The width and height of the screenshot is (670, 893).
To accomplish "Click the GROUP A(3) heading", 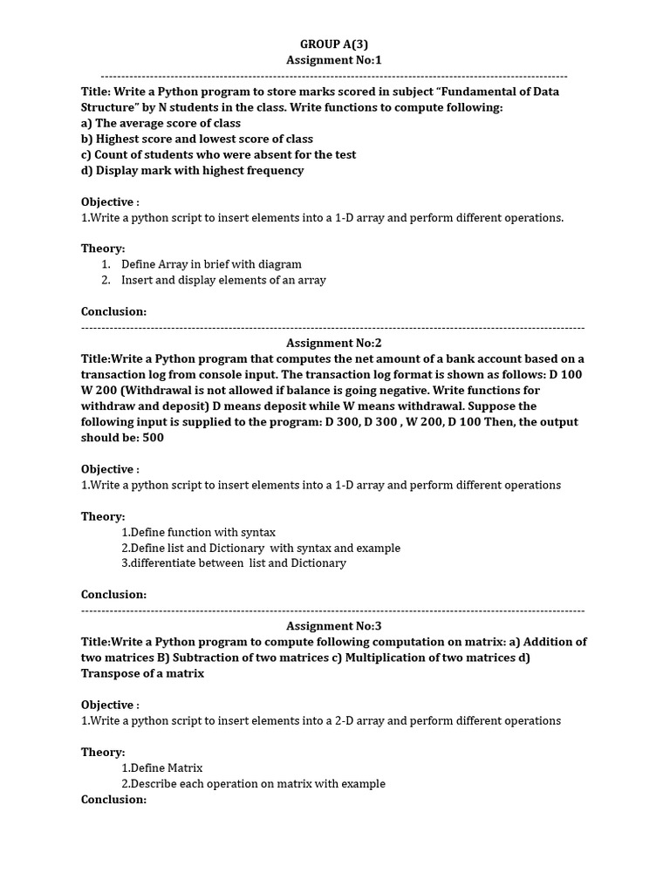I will [334, 44].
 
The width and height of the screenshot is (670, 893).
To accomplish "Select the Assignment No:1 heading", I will [334, 60].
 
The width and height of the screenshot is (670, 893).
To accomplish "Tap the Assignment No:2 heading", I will [334, 344].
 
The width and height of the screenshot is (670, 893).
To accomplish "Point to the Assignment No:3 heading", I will [334, 626].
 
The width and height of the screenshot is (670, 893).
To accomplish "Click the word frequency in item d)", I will [275, 170].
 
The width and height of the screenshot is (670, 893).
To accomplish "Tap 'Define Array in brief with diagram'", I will [211, 264].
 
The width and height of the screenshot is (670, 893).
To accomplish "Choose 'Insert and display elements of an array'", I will [223, 280].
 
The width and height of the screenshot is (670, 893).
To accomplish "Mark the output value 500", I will [153, 438].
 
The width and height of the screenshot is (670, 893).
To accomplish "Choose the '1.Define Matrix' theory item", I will [161, 767].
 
